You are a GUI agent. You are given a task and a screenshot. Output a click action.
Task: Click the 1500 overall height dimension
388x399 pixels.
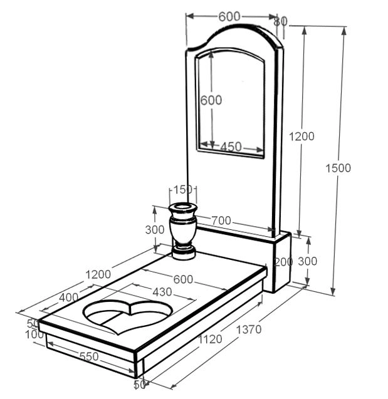pyautogui.click(x=338, y=168)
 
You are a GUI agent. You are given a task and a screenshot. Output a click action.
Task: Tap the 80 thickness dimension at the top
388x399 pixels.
pyautogui.click(x=281, y=21)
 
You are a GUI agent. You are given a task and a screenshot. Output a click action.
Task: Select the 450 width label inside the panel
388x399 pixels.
pyautogui.click(x=231, y=147)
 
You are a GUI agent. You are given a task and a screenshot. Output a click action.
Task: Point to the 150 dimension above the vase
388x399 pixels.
pyautogui.click(x=183, y=190)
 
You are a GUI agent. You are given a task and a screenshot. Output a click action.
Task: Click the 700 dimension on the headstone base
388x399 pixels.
pyautogui.click(x=221, y=220)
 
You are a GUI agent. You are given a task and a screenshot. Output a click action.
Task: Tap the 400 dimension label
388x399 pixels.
pyautogui.click(x=67, y=296)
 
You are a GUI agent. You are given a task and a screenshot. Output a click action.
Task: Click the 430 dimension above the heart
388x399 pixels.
pyautogui.click(x=162, y=291)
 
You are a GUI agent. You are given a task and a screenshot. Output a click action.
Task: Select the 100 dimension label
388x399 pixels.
pyautogui.click(x=34, y=335)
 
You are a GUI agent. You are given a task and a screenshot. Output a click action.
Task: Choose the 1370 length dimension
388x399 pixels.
pyautogui.click(x=248, y=329)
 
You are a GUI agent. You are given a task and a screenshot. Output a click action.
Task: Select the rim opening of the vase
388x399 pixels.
pyautogui.click(x=184, y=207)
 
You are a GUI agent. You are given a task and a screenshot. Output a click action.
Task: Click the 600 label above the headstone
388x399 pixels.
pyautogui.click(x=229, y=17)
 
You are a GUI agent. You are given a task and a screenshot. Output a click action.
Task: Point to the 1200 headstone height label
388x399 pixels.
pyautogui.click(x=301, y=136)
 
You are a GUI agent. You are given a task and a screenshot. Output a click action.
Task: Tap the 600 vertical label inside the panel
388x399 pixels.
pyautogui.click(x=211, y=100)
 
